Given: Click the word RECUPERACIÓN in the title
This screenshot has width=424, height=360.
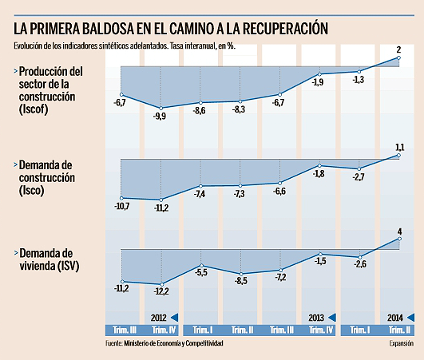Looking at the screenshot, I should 275,28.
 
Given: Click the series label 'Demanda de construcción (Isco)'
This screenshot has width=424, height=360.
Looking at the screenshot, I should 50,178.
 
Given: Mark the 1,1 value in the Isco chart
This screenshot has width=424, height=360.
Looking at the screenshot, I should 399,146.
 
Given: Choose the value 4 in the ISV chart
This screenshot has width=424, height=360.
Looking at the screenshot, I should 398,231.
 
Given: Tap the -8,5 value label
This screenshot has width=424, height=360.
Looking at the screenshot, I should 240,281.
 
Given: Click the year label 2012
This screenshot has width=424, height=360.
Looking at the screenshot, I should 157,317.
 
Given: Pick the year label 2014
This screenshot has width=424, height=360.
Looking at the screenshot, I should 394,317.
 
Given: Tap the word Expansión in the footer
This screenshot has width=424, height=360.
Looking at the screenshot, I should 402,344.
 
